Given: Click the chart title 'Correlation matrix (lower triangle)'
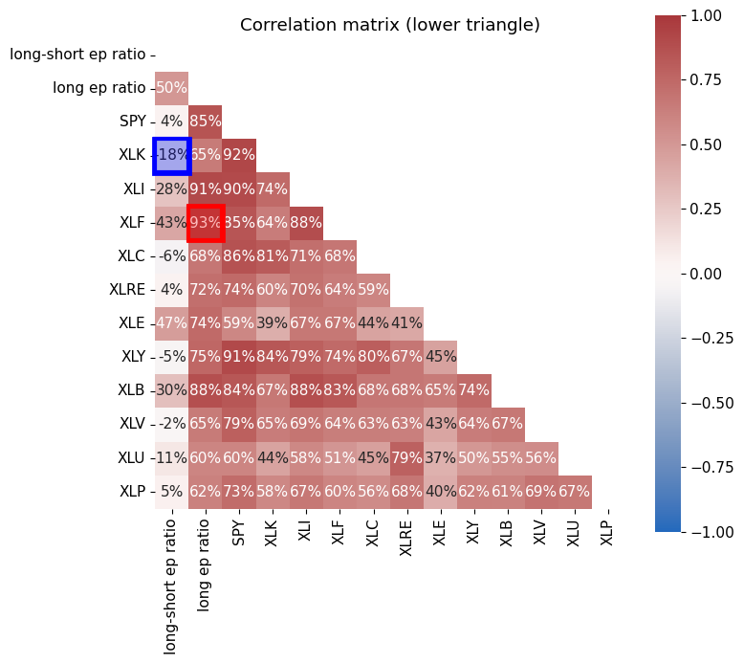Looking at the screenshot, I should pyautogui.click(x=390, y=25).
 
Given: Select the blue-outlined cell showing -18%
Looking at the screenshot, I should pyautogui.click(x=172, y=155).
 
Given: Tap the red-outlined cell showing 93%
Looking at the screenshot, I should pyautogui.click(x=206, y=222).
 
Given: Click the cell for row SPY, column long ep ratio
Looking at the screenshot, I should pyautogui.click(x=206, y=122).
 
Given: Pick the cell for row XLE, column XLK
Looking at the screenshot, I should pyautogui.click(x=273, y=323).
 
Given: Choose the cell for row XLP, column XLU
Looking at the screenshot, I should pyautogui.click(x=575, y=492).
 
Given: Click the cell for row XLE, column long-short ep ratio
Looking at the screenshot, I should pyautogui.click(x=172, y=323).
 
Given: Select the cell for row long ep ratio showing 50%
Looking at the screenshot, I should pyautogui.click(x=172, y=88).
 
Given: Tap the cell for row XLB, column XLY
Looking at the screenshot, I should pyautogui.click(x=474, y=390).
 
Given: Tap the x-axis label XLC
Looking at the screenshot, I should pyautogui.click(x=373, y=534).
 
